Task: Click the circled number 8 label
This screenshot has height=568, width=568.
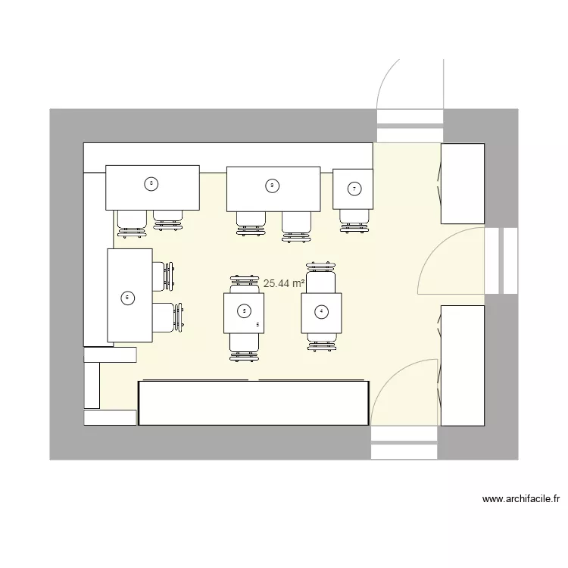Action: [x=151, y=183]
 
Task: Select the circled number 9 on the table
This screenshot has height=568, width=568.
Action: [x=271, y=185]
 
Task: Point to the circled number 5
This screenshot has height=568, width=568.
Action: [x=243, y=310]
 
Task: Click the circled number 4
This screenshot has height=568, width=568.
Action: [x=321, y=311]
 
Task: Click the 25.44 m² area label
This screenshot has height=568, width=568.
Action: [x=283, y=283]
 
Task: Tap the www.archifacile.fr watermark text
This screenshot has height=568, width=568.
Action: [x=521, y=499]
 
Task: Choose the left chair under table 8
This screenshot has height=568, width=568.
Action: [x=132, y=222]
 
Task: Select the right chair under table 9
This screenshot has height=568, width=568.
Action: [x=297, y=225]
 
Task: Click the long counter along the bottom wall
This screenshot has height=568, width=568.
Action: [x=253, y=403]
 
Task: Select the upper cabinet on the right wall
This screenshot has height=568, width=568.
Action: [x=462, y=184]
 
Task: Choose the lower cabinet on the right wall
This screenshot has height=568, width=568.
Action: [x=462, y=365]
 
